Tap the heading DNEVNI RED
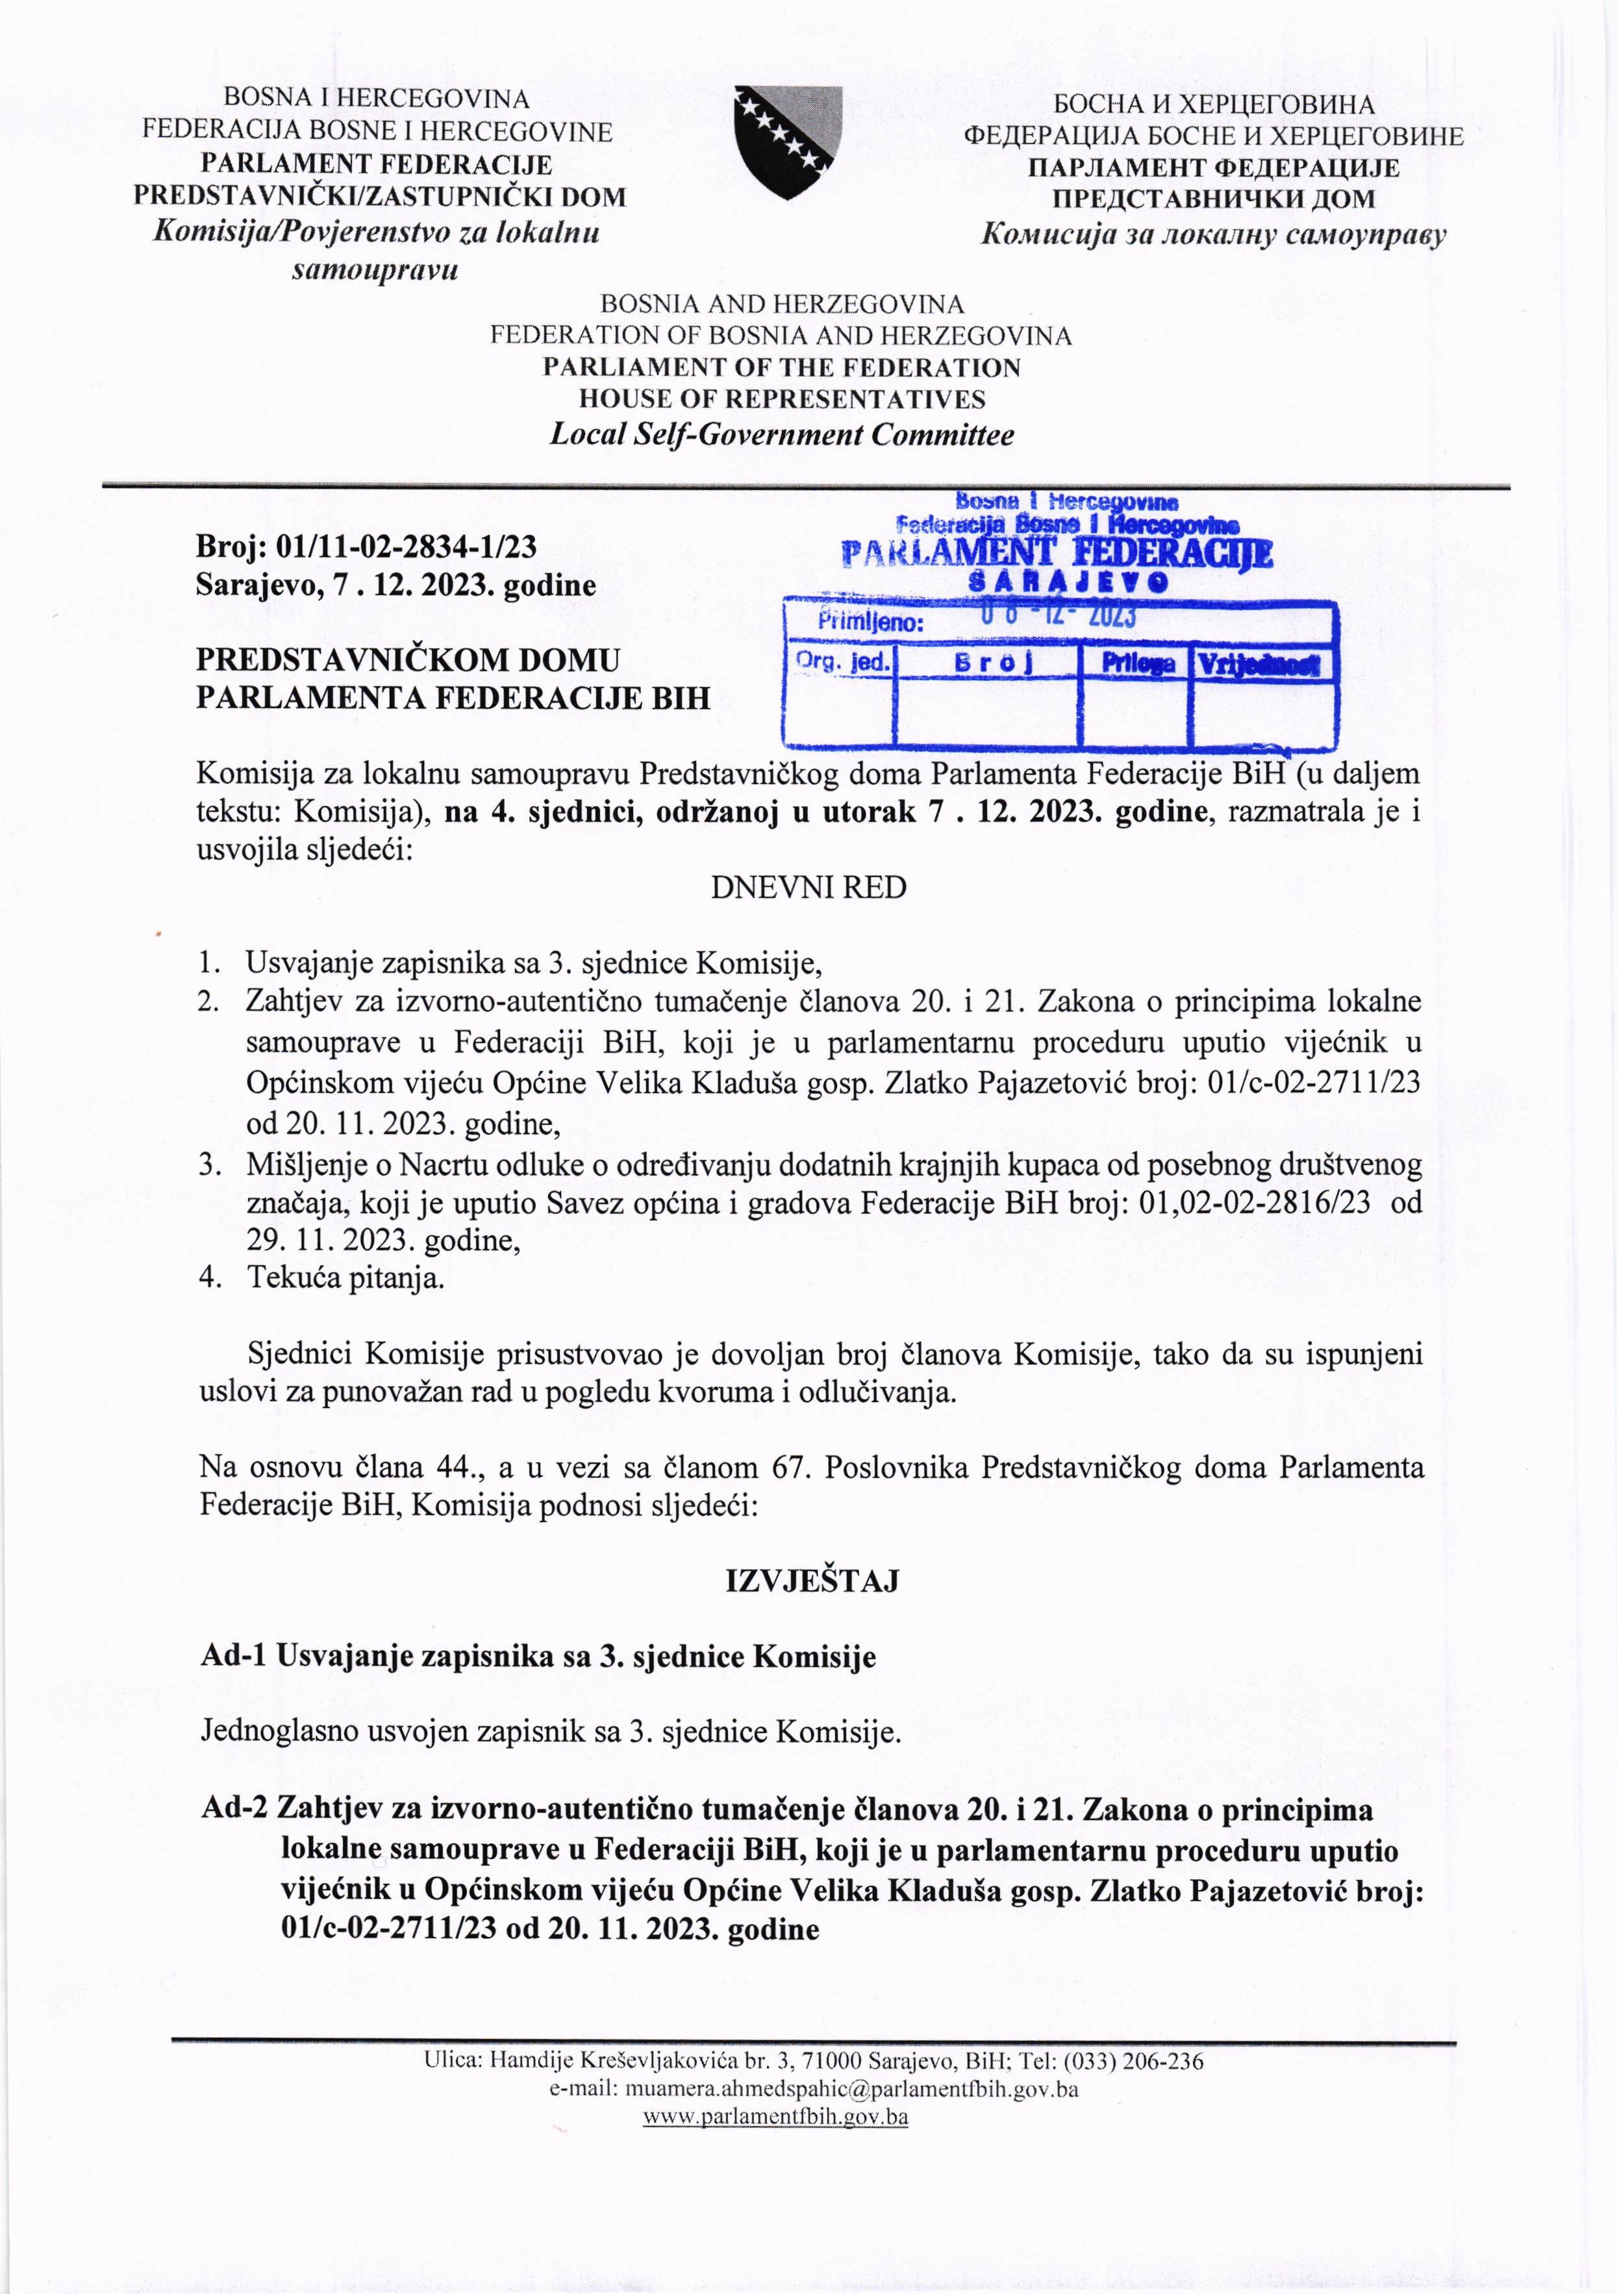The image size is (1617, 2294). click(x=808, y=887)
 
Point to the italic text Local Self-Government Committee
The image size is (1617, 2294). click(x=783, y=435)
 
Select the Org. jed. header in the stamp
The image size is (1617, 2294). click(x=842, y=661)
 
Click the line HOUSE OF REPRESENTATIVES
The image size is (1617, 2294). click(x=783, y=400)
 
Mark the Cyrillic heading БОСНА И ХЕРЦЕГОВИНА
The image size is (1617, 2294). click(x=1213, y=104)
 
